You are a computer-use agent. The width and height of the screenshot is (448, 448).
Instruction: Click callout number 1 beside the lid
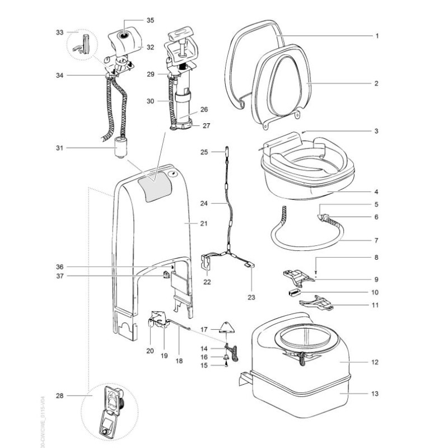pos(377,35)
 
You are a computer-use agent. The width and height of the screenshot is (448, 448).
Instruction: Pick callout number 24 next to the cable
pos(203,204)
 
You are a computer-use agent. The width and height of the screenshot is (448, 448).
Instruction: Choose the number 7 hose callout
pos(377,241)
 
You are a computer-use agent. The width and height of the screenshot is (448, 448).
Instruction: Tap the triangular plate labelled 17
pos(227,327)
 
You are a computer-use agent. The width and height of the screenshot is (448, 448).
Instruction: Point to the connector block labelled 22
pos(208,263)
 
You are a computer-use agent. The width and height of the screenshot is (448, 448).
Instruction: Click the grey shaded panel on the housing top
pos(155,185)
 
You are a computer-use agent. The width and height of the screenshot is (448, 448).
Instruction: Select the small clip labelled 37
pos(166,274)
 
